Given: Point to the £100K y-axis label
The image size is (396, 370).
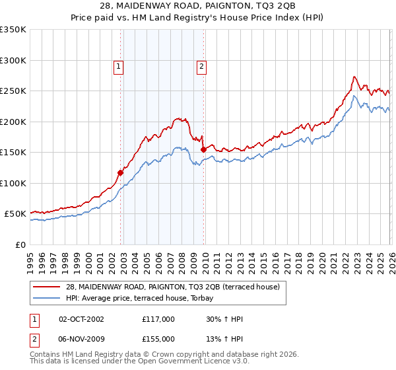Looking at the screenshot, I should [x=13, y=183].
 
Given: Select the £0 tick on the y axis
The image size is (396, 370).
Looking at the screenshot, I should [x=20, y=244].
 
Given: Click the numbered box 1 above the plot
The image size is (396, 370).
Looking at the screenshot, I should [x=117, y=65].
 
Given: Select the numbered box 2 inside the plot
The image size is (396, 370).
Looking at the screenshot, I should [x=200, y=65].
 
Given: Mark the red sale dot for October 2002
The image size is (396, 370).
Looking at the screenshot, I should [x=121, y=173].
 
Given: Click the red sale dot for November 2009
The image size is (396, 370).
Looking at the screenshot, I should [x=203, y=149].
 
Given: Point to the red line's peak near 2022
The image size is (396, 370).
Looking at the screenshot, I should [x=354, y=77].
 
